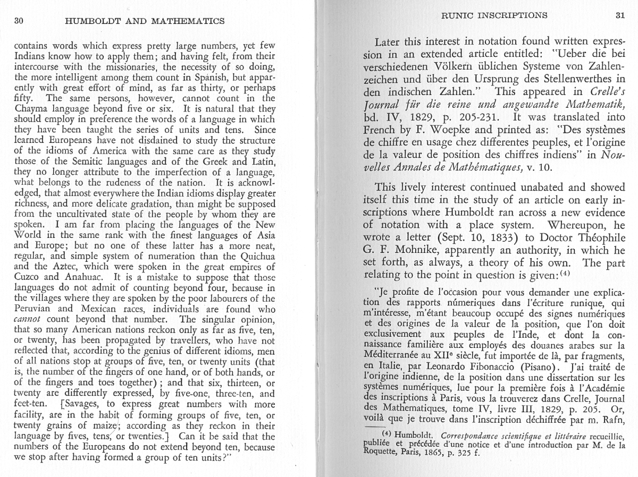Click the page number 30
click(20, 21)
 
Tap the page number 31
click(619, 15)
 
